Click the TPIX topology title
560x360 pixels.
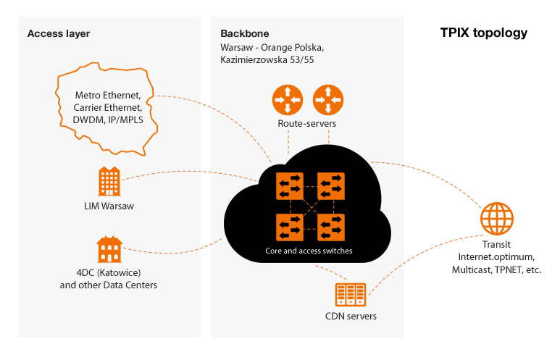[484, 33]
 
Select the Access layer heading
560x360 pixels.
[59, 34]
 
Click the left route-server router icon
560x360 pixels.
[287, 100]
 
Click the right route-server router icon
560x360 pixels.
[327, 100]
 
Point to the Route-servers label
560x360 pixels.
[307, 124]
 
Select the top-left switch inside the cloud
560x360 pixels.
[290, 186]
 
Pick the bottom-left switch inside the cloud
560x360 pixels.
[290, 227]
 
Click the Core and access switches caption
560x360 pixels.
[309, 251]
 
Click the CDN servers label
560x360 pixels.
[351, 317]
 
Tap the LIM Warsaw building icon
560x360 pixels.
[109, 181]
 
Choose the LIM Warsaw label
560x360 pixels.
[109, 206]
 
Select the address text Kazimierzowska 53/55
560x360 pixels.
[267, 60]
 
